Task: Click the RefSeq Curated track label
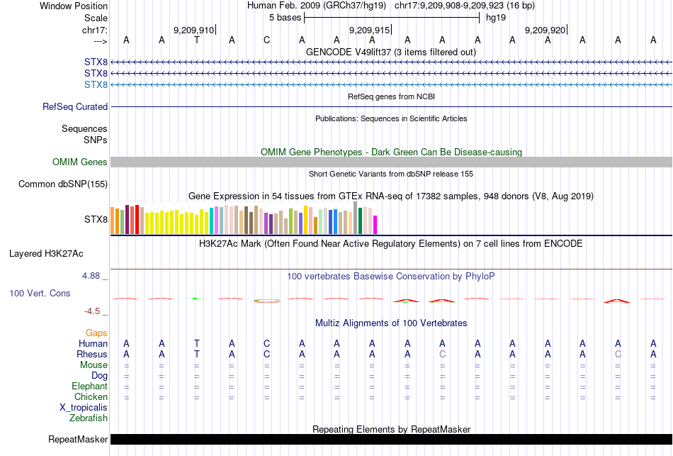(x=75, y=106)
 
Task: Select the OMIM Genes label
(x=80, y=162)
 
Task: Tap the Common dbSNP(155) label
(x=64, y=184)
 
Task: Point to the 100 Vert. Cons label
(x=40, y=293)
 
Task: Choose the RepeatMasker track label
(x=78, y=440)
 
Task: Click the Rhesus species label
(x=92, y=355)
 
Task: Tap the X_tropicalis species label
(x=84, y=408)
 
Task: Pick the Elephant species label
(x=89, y=387)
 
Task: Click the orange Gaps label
(x=96, y=333)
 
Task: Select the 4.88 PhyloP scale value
(x=92, y=276)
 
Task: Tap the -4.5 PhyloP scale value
(x=92, y=311)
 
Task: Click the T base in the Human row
(x=197, y=344)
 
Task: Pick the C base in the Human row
(x=266, y=344)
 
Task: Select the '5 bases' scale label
(x=285, y=17)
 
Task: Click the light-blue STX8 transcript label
(x=96, y=85)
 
